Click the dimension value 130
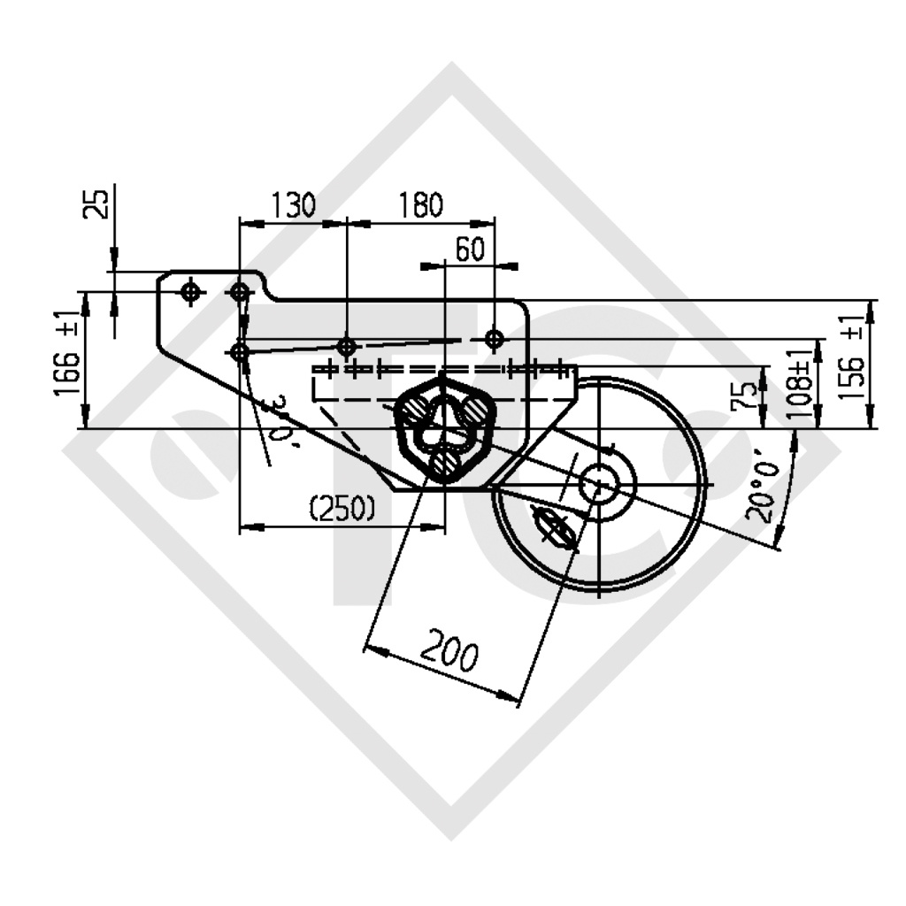coord(293,206)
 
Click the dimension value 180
coord(419,206)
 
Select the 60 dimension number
coord(469,250)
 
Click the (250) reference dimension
coord(342,509)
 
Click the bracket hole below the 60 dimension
coord(495,338)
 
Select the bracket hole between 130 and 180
coord(347,345)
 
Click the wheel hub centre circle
coord(599,484)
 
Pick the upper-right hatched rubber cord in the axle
coord(472,410)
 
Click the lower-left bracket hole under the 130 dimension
coord(239,351)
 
